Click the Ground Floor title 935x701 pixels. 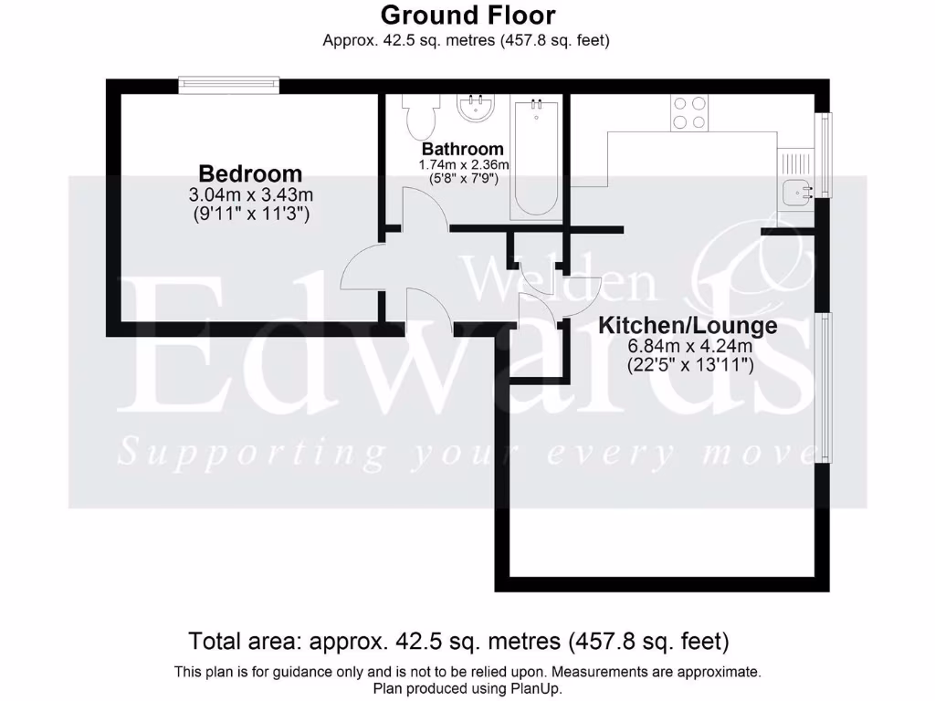pyautogui.click(x=467, y=15)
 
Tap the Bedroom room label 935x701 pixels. pyautogui.click(x=250, y=173)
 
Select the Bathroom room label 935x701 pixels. pyautogui.click(x=462, y=149)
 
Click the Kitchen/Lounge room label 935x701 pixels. pyautogui.click(x=688, y=326)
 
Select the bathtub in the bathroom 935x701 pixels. pyautogui.click(x=535, y=157)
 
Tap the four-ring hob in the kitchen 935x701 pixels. pyautogui.click(x=689, y=112)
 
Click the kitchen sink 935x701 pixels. pyautogui.click(x=797, y=193)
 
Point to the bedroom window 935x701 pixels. pyautogui.click(x=228, y=85)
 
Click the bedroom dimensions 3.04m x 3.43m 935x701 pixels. pyautogui.click(x=250, y=194)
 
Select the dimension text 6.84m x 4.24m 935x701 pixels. pyautogui.click(x=689, y=347)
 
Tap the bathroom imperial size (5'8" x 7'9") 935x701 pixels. pyautogui.click(x=463, y=179)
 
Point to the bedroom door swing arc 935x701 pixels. pyautogui.click(x=363, y=269)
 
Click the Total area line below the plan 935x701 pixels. pyautogui.click(x=458, y=640)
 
